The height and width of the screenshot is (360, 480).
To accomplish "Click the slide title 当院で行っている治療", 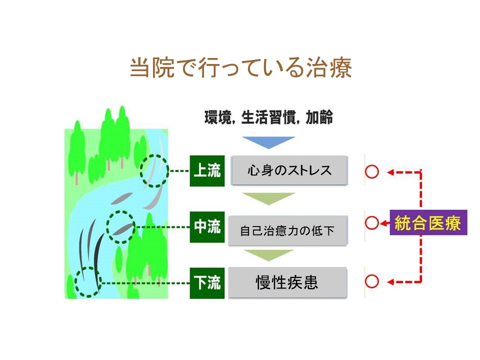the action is tap(241, 67).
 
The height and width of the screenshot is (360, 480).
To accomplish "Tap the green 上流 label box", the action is tap(207, 171).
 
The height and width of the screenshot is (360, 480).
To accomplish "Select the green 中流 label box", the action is tap(207, 227).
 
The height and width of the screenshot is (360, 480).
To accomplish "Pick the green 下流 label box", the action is tap(207, 283).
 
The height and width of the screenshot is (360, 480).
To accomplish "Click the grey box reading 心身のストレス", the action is tap(289, 170).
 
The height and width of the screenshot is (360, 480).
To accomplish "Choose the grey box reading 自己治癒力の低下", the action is tap(288, 230).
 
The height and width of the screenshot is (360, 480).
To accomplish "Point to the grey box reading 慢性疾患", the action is tap(288, 282).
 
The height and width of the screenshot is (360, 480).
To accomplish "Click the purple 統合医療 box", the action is tap(428, 222).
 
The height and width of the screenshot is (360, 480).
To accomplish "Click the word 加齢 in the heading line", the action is tap(319, 117).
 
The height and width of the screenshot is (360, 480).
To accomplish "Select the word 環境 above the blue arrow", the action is tap(218, 117).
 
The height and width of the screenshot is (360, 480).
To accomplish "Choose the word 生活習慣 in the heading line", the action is tap(268, 117).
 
